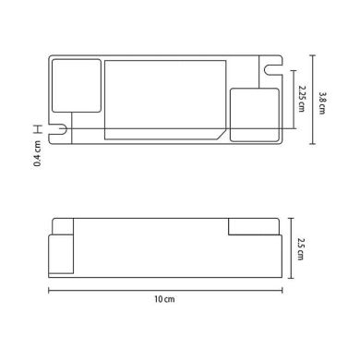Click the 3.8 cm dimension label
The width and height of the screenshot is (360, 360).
tap(322, 101)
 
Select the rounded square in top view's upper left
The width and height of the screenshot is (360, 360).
tap(73, 84)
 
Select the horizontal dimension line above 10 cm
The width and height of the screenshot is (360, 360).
tap(164, 290)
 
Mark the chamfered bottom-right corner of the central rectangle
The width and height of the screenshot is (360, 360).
tap(222, 135)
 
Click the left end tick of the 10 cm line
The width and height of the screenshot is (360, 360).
tap(48, 290)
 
